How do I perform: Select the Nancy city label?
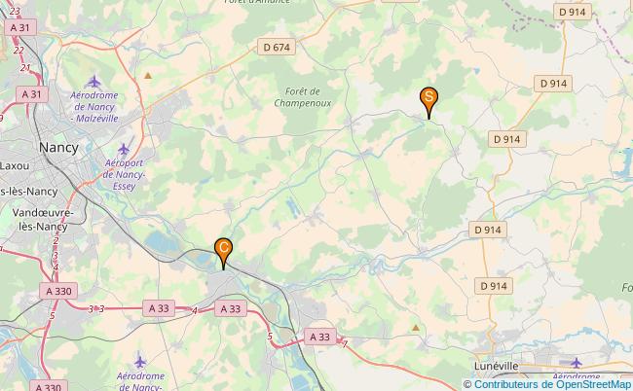point(59,147)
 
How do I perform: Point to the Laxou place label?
point(16,166)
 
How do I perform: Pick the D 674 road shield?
point(277,46)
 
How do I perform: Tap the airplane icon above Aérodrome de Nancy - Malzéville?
point(93,80)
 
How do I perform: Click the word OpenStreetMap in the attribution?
point(587,383)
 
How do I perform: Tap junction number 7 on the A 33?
point(345,341)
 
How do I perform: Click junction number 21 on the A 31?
point(21,68)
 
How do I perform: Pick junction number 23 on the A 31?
point(15,11)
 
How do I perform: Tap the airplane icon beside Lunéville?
point(577,363)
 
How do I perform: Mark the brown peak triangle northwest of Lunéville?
point(417,328)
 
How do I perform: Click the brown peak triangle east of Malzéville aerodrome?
point(148,74)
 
